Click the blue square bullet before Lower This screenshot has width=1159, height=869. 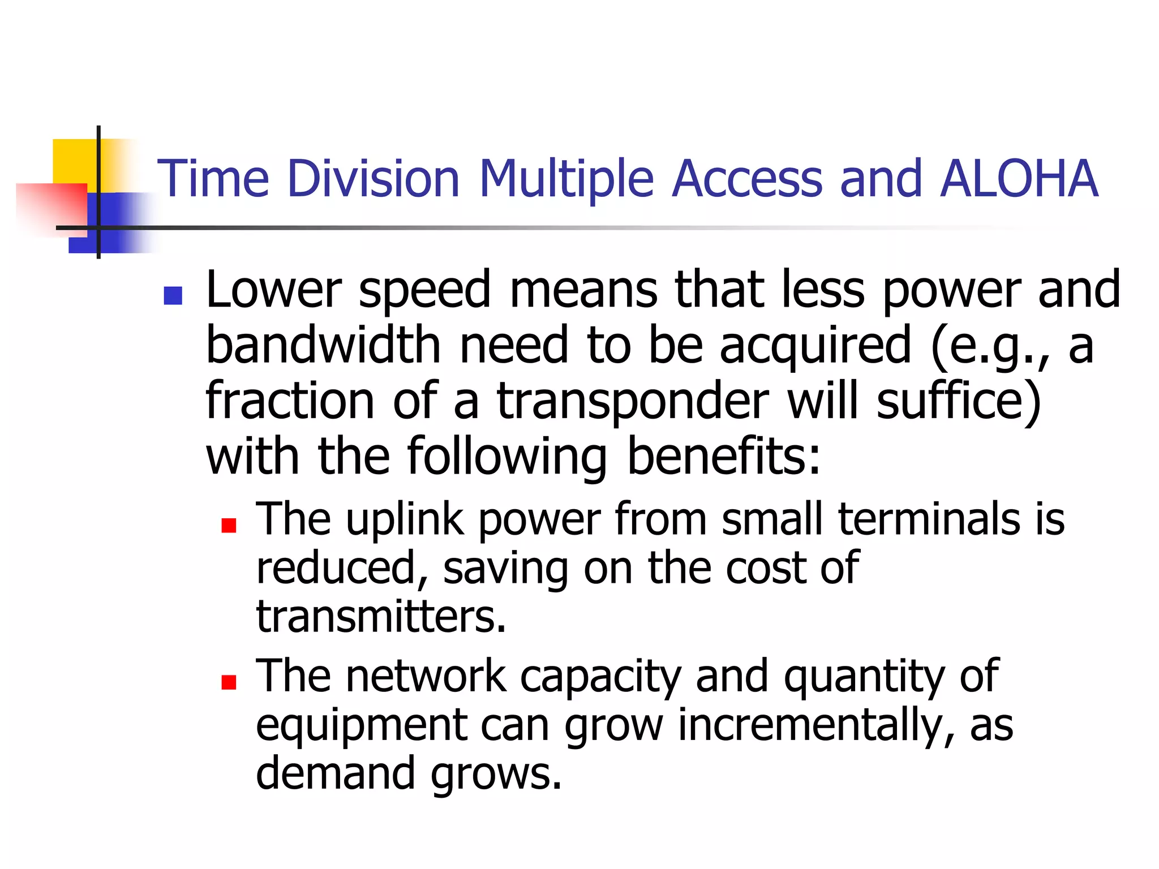click(173, 295)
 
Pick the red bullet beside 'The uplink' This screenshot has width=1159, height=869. click(229, 526)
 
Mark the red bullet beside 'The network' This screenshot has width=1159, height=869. click(229, 682)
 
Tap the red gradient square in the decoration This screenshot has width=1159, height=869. click(51, 207)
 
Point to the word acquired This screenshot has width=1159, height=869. click(815, 346)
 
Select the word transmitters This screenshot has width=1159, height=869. click(381, 616)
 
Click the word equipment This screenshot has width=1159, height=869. click(362, 726)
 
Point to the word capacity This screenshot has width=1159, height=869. click(600, 677)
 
